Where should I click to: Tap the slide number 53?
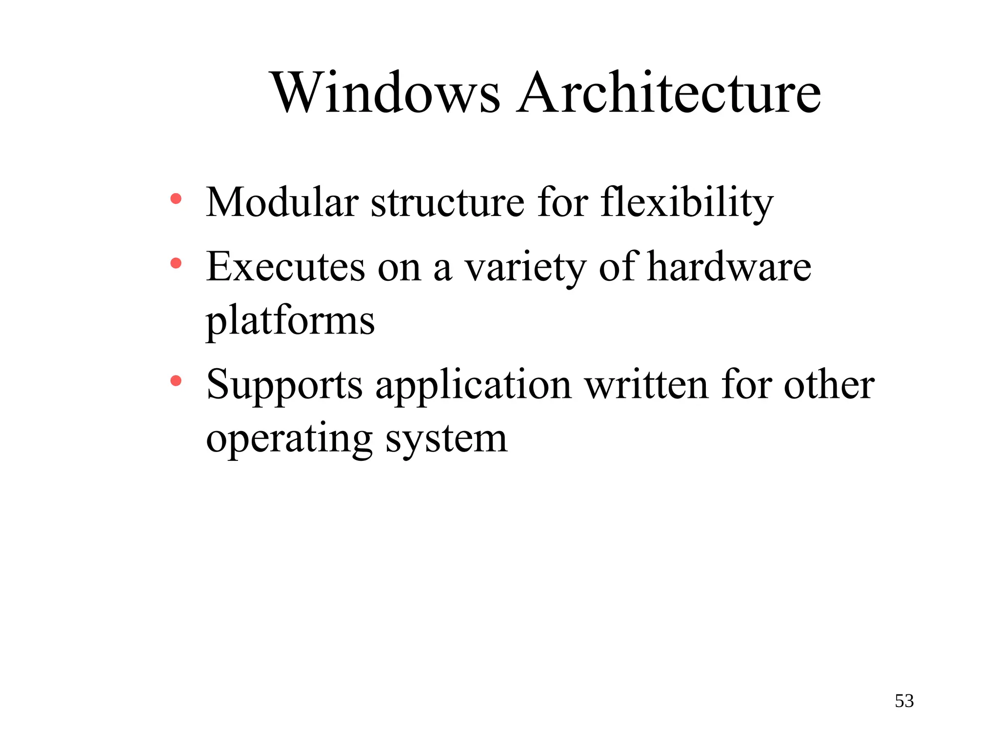[x=904, y=701]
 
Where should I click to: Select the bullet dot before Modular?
[x=176, y=199]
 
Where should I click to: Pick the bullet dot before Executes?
[x=176, y=264]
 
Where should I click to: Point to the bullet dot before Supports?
[x=176, y=381]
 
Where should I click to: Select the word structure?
[x=448, y=203]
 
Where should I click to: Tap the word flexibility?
[x=687, y=203]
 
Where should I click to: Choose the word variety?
[x=525, y=268]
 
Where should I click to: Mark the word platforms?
[x=290, y=321]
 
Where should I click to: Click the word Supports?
[x=284, y=385]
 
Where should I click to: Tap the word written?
[x=647, y=385]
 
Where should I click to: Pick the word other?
[x=829, y=385]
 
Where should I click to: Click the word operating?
[x=289, y=439]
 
